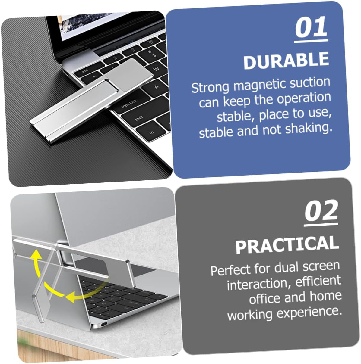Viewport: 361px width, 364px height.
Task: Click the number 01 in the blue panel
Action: [x=311, y=27]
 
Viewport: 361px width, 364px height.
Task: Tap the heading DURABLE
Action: [x=286, y=60]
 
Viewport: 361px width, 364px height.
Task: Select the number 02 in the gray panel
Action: [x=321, y=211]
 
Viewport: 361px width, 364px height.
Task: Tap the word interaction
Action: [x=259, y=284]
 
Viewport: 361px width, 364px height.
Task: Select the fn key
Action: [x=152, y=132]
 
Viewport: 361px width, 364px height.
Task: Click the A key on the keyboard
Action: [x=157, y=87]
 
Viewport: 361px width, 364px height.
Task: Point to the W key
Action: [x=156, y=69]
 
